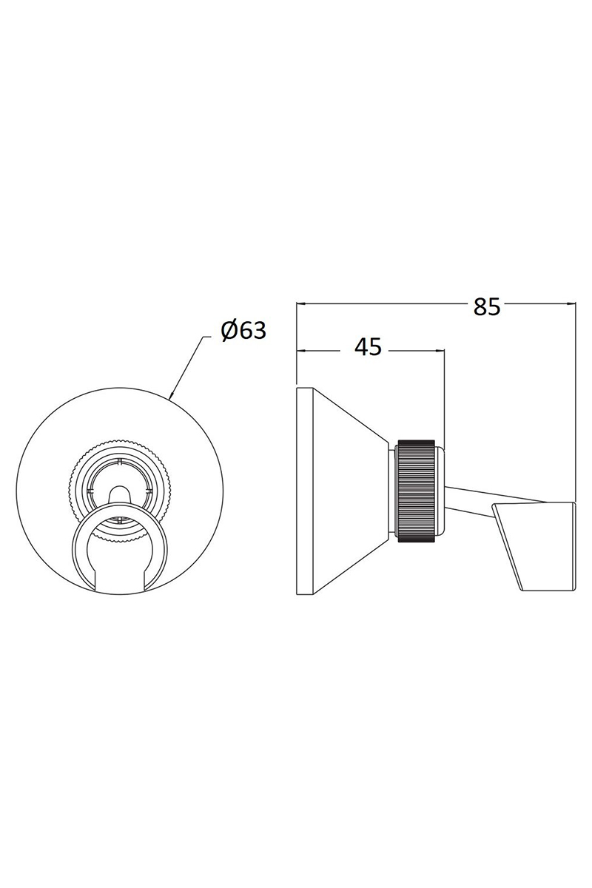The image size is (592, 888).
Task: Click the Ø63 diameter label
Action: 243,330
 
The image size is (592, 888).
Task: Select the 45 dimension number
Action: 368,347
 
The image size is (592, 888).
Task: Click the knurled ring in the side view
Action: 416,490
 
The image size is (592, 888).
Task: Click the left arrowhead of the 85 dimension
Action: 302,304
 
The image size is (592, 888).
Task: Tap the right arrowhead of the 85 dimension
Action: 571,304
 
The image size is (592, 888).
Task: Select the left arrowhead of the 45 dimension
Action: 302,351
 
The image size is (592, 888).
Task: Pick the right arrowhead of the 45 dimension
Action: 440,351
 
